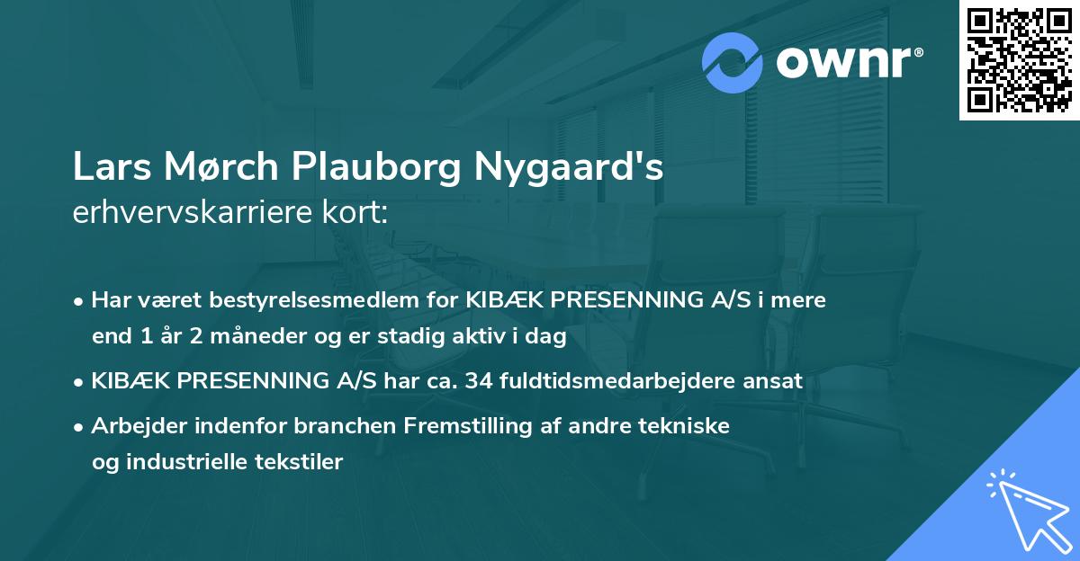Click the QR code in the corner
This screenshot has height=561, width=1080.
coord(1020,59)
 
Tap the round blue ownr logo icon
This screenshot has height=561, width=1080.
coord(733,63)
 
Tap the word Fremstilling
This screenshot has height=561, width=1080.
coord(486,426)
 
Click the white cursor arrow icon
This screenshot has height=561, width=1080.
coord(1025,508)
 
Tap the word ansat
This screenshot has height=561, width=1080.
coord(774,380)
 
